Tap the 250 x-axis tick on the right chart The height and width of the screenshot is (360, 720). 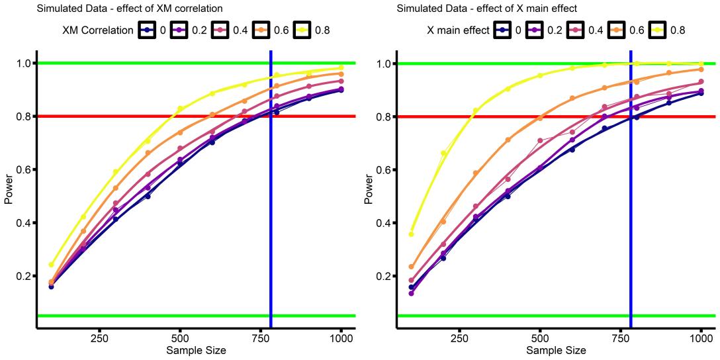click(x=459, y=336)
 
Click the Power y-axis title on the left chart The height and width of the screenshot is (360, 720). click(x=8, y=189)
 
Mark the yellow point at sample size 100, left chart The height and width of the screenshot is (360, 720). click(x=52, y=265)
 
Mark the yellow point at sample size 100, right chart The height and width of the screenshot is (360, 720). click(x=411, y=234)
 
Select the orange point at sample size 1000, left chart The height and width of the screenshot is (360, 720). click(x=341, y=74)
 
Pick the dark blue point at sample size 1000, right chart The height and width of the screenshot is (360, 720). click(x=701, y=93)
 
